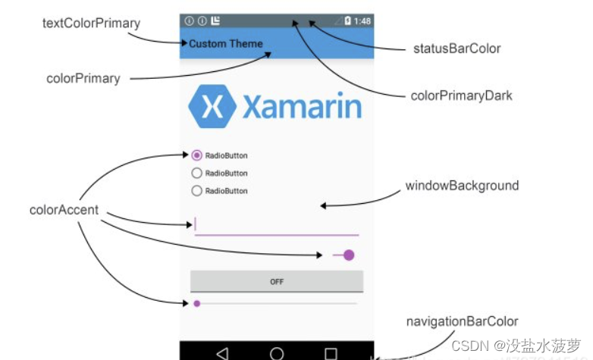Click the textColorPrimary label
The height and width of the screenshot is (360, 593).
point(91,23)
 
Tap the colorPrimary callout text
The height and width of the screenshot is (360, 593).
point(83,77)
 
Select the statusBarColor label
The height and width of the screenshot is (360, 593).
point(457,49)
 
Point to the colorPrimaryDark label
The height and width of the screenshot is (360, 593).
point(461,95)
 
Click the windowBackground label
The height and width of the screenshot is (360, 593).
point(462,185)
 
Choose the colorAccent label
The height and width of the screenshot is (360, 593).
point(64,210)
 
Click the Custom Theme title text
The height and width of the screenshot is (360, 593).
point(226,44)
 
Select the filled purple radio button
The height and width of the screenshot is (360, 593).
point(197,155)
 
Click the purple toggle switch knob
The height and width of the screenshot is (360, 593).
point(349,255)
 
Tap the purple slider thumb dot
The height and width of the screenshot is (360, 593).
point(197,303)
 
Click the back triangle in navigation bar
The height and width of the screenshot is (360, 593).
point(222,352)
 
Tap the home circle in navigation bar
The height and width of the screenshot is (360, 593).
point(277,352)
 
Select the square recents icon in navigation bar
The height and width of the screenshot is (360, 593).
point(331,352)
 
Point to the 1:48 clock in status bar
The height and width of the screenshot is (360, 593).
point(362,21)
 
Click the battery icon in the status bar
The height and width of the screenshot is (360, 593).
point(347,21)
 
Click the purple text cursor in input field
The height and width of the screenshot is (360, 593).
point(196,224)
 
